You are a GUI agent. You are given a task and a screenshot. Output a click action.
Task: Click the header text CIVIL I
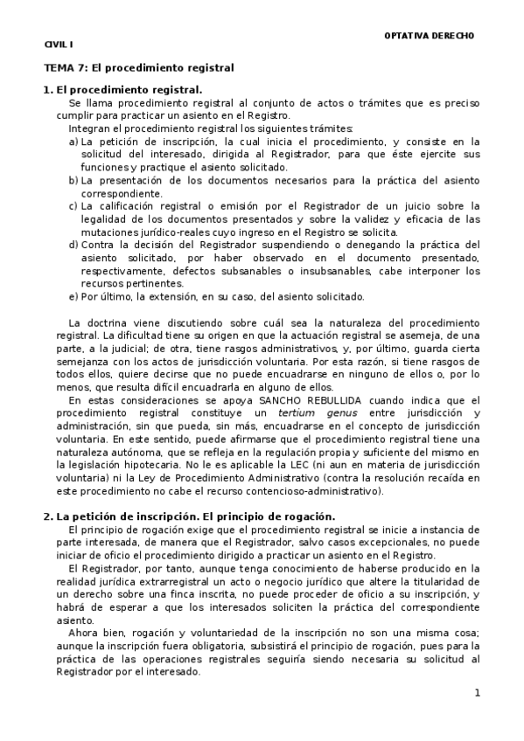click(59, 44)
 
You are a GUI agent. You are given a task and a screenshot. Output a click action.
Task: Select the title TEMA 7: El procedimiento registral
click(139, 66)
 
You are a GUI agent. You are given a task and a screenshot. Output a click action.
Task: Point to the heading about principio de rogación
click(189, 516)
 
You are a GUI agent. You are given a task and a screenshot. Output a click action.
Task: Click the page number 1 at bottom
click(478, 693)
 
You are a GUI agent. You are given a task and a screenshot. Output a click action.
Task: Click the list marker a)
click(73, 141)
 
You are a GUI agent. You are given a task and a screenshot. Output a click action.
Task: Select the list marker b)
click(73, 180)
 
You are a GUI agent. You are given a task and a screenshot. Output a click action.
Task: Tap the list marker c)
click(73, 205)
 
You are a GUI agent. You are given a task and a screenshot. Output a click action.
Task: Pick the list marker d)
click(73, 245)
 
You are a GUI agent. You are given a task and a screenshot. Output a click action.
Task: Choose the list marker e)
click(73, 296)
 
